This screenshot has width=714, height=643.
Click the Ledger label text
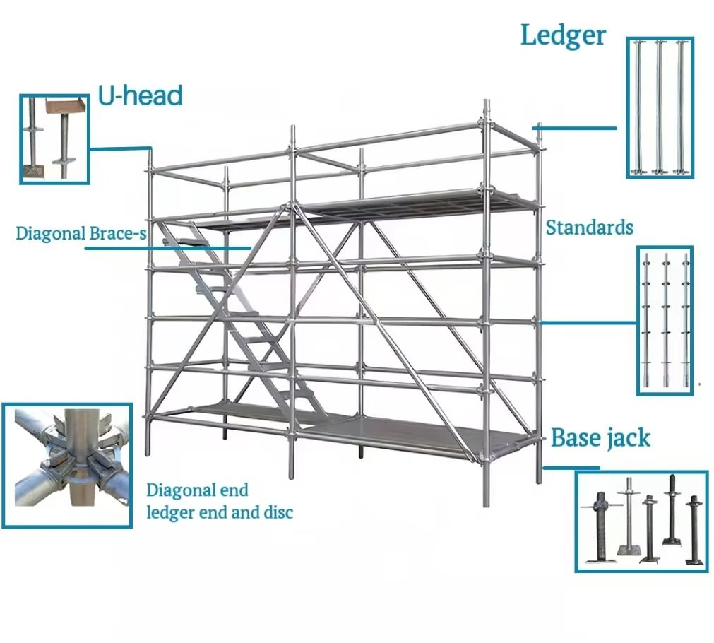(x=562, y=35)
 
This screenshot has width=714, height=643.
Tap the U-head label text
(x=140, y=95)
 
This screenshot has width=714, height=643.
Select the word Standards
(x=589, y=228)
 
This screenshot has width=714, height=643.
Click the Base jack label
(x=600, y=438)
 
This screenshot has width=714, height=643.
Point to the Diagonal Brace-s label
(x=81, y=233)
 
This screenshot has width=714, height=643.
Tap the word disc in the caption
(x=278, y=512)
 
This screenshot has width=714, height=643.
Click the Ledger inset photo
(x=660, y=107)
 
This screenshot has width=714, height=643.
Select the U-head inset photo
(x=54, y=138)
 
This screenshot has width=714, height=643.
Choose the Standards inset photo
(x=665, y=320)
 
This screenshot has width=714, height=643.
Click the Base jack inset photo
(x=641, y=521)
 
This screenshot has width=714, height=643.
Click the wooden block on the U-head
(x=64, y=107)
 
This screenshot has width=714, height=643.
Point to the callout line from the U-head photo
(x=120, y=148)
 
